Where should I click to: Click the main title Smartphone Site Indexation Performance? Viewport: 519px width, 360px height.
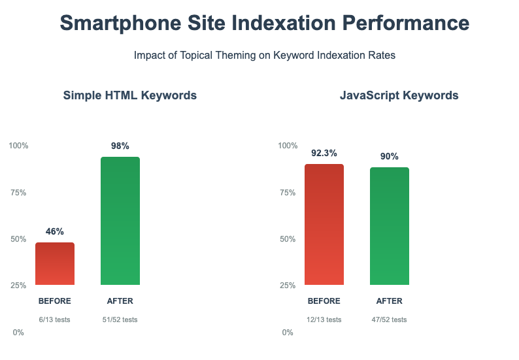(264, 23)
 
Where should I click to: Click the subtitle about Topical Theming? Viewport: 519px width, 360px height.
(264, 56)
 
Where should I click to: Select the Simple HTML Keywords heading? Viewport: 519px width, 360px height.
(129, 95)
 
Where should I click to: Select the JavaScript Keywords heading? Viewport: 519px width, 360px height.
(399, 95)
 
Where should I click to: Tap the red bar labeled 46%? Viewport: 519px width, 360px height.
(55, 264)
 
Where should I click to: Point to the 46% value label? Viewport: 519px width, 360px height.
(55, 231)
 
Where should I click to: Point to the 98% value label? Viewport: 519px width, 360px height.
(120, 146)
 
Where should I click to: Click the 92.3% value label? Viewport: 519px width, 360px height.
(324, 153)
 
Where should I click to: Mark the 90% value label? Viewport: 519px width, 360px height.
(390, 156)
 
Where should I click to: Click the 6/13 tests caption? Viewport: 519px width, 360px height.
(55, 319)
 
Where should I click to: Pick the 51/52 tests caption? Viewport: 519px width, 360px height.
(120, 319)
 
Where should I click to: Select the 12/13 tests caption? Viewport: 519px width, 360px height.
(324, 319)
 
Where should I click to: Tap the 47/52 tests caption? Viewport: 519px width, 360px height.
(390, 319)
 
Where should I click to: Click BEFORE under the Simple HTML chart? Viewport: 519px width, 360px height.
(55, 301)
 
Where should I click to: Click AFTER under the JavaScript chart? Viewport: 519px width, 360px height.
(390, 301)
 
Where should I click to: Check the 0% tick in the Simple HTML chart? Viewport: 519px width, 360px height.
(18, 333)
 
